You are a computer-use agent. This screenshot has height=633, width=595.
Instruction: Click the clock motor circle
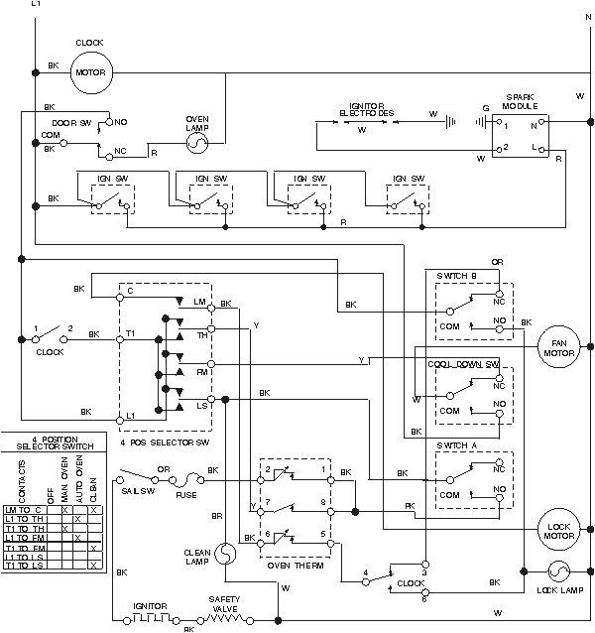91,71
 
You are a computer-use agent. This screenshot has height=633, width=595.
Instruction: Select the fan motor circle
557,346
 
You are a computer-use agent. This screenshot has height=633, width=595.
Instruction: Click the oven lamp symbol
196,144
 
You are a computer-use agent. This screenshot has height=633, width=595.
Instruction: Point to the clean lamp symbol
225,551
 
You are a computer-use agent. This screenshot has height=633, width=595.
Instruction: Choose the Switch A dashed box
473,480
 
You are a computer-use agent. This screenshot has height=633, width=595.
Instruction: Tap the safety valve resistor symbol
224,617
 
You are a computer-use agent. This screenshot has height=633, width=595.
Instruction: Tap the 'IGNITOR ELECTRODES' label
367,108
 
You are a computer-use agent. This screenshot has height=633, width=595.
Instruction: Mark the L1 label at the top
37,5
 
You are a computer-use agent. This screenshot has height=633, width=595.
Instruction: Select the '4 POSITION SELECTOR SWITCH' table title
54,442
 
